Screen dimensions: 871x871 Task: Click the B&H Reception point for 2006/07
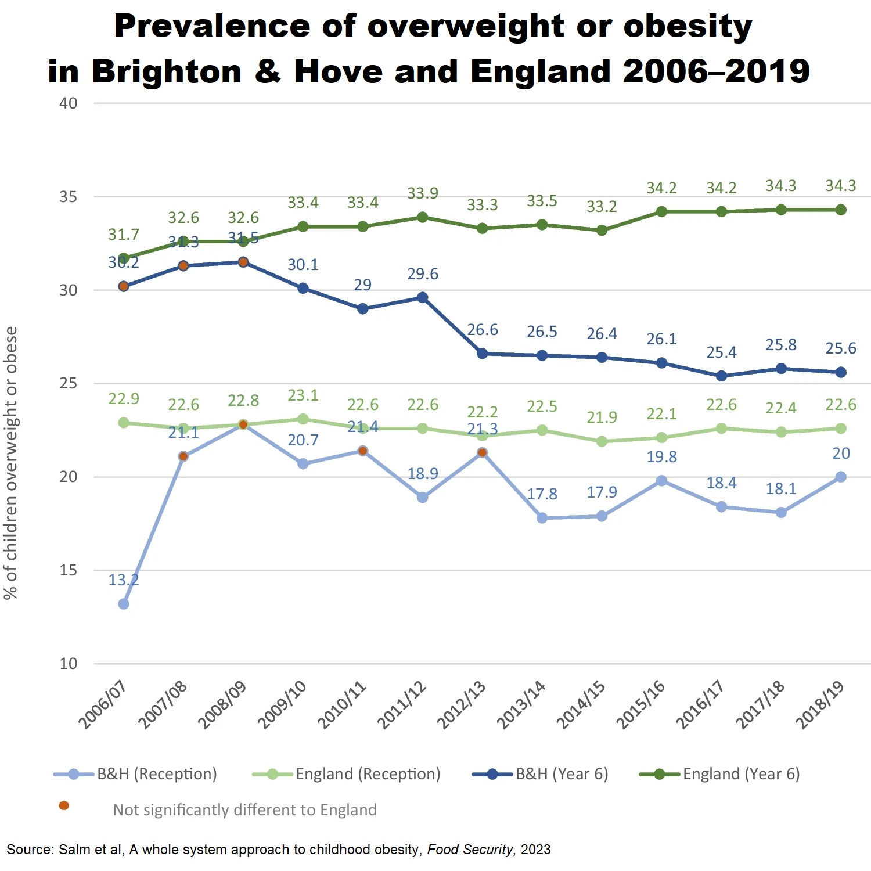(124, 604)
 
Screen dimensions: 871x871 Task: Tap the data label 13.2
(124, 580)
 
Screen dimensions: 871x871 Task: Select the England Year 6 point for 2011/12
(423, 217)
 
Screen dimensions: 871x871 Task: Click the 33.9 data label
(423, 193)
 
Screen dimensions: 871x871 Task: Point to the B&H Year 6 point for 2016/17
(721, 376)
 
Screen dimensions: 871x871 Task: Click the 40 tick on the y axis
(69, 103)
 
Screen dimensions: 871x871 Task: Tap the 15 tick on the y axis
(69, 570)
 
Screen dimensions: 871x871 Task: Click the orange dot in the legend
(64, 805)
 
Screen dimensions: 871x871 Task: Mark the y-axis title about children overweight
(11, 462)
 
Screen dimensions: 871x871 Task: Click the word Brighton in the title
(167, 71)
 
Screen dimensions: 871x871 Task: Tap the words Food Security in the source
(470, 850)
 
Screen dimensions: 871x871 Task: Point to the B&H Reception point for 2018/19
(840, 477)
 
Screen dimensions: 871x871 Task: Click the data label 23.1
(303, 395)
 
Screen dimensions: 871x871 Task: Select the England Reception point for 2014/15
(602, 441)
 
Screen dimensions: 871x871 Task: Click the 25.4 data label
(721, 352)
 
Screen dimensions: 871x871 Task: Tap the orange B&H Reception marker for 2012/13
(482, 452)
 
